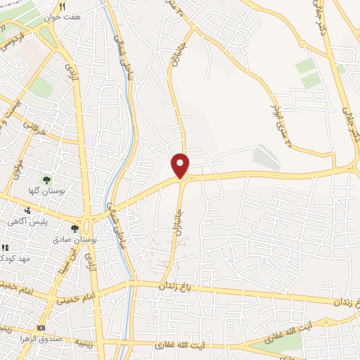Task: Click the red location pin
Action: tap(181, 165)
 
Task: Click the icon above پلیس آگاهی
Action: tap(27, 210)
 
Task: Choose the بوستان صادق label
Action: tap(77, 240)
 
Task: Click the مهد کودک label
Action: tap(14, 259)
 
